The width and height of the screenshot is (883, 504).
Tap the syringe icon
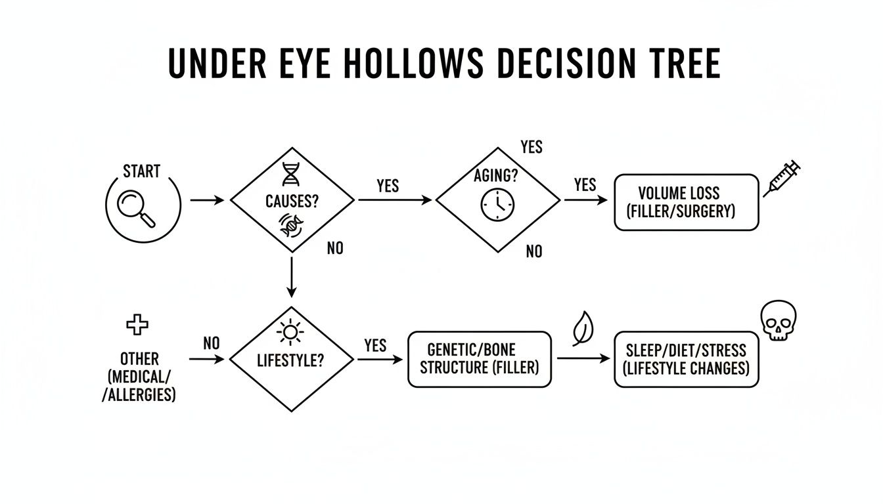(x=782, y=178)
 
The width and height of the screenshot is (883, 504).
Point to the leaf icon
(x=581, y=327)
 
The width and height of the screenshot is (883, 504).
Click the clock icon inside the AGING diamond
(x=497, y=205)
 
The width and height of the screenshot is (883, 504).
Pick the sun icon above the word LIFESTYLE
(x=290, y=333)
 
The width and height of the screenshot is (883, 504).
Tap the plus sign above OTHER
(x=137, y=324)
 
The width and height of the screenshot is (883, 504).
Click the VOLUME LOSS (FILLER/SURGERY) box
(x=686, y=202)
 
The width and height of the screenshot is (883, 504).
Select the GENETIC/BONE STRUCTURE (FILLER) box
(x=479, y=358)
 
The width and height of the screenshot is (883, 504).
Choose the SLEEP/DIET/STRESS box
(x=686, y=358)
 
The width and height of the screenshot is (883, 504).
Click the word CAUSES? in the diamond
(x=292, y=201)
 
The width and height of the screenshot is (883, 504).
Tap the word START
(x=141, y=172)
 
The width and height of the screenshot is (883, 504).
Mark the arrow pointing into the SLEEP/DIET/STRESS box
(x=583, y=358)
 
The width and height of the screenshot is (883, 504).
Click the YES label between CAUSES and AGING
(x=388, y=186)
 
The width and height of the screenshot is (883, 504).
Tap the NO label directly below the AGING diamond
(x=534, y=251)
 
